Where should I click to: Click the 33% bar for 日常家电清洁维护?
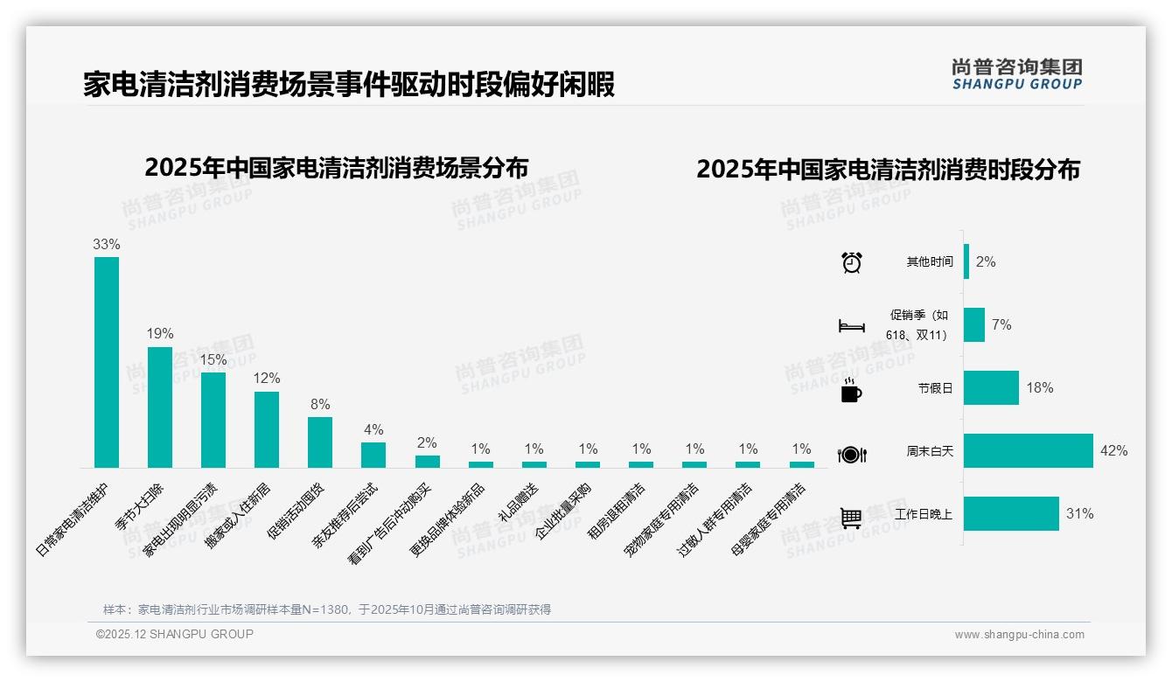coord(107,362)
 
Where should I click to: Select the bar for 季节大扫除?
coord(160,407)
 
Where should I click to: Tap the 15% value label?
coord(213,359)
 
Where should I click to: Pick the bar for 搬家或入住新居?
coord(267,429)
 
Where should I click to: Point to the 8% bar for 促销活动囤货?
coord(320,442)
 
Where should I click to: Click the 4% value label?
coord(373,430)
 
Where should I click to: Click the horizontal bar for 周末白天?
coord(1029,451)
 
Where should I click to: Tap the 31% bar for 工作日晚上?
coord(1011,514)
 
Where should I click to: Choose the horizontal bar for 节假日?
coord(992,388)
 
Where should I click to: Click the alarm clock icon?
coord(852,262)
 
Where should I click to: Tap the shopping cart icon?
coord(852,518)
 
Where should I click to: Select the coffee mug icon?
coord(851,391)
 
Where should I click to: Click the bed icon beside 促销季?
coord(852,326)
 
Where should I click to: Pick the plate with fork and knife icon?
coord(852,454)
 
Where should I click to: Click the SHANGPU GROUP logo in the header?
coord(1016,73)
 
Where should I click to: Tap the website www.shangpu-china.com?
coord(1019,635)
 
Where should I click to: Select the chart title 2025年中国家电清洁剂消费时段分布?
coord(888,169)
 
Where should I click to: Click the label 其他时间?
coord(930,262)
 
